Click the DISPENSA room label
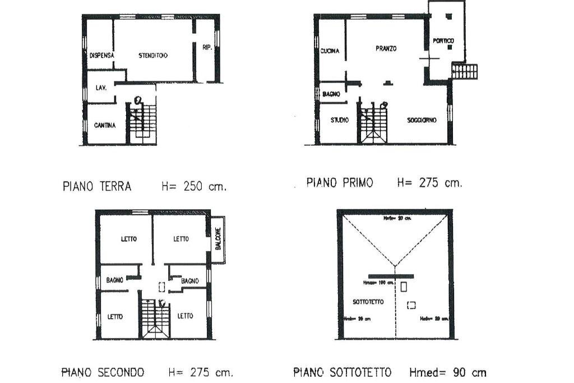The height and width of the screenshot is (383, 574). click(x=102, y=56)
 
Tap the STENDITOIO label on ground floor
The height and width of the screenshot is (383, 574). click(x=154, y=56)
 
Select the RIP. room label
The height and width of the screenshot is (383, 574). click(x=207, y=48)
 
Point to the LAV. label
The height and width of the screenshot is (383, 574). click(x=101, y=88)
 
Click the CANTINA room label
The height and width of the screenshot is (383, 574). click(x=104, y=126)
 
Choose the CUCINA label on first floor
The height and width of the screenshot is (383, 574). click(x=330, y=52)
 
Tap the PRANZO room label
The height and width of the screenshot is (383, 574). click(x=386, y=49)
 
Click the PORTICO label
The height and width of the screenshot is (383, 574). click(x=444, y=41)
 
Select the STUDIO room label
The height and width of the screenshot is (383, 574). click(x=339, y=120)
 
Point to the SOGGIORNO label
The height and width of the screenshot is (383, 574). click(x=422, y=120)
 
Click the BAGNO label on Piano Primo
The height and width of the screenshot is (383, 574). click(x=331, y=94)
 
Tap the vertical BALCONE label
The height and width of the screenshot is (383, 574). click(x=218, y=239)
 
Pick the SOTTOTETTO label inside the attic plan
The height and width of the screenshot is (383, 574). click(x=368, y=302)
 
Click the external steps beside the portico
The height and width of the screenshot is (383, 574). click(x=465, y=71)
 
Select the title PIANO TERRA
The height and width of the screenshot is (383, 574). click(x=96, y=187)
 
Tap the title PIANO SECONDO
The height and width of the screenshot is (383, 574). click(x=103, y=372)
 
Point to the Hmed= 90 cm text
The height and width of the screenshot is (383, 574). click(x=447, y=372)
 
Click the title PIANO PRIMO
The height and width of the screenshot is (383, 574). click(x=339, y=183)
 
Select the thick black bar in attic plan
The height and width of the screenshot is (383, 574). click(x=395, y=276)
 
